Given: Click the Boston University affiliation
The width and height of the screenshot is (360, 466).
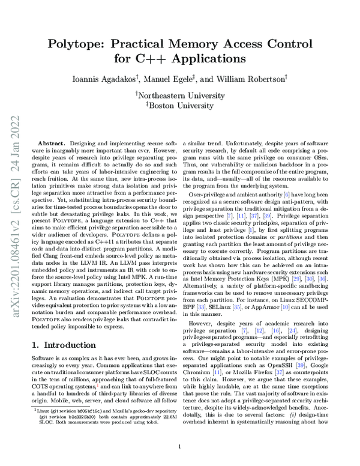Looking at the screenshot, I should click(x=181, y=104).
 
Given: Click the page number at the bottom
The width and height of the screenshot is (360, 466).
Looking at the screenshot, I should click(x=180, y=447).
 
